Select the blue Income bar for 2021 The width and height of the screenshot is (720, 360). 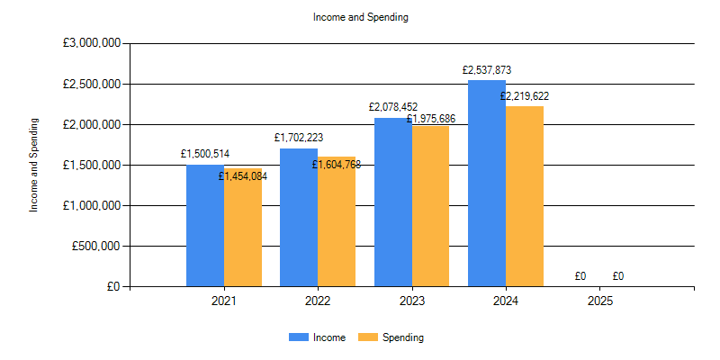pyautogui.click(x=205, y=225)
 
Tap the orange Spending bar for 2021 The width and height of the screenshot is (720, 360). pyautogui.click(x=243, y=229)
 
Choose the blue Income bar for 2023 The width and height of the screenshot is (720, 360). pyautogui.click(x=393, y=202)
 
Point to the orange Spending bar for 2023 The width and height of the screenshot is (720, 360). pyautogui.click(x=430, y=207)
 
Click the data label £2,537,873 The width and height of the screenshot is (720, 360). pyautogui.click(x=487, y=69)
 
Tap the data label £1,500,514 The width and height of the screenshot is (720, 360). pyautogui.click(x=205, y=154)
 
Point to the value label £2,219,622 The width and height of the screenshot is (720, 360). pyautogui.click(x=525, y=95)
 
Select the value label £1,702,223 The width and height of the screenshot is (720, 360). pyautogui.click(x=299, y=138)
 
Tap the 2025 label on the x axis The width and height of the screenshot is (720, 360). pyautogui.click(x=600, y=301)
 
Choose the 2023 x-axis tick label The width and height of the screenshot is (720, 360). pyautogui.click(x=412, y=301)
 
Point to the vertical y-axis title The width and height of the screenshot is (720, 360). pyautogui.click(x=34, y=165)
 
